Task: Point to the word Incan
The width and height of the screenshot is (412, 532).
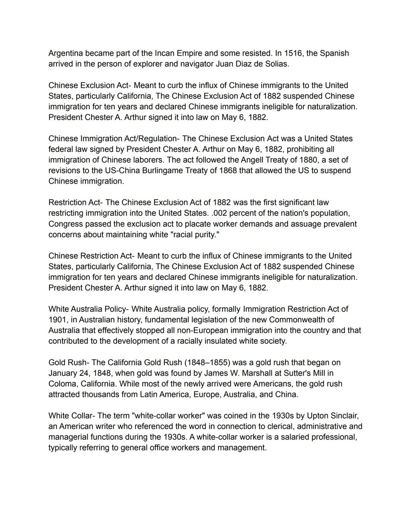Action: [164, 53]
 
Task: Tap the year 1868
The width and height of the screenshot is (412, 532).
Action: [228, 171]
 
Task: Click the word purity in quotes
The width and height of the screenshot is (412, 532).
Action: [206, 235]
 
